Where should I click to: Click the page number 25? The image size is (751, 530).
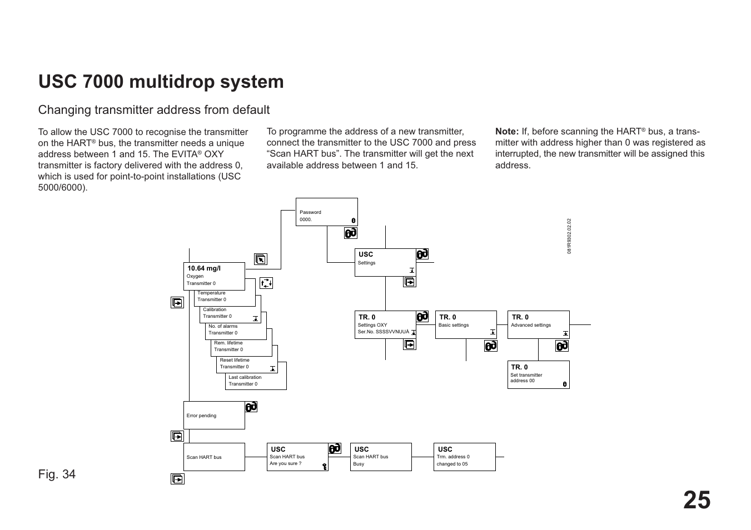point(697,501)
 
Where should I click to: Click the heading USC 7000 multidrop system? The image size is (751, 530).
point(161,82)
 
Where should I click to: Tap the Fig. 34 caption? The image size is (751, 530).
point(57,474)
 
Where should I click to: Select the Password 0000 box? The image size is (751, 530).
point(326,212)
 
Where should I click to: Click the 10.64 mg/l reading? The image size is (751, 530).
point(204,268)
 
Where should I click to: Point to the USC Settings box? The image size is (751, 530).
point(385,262)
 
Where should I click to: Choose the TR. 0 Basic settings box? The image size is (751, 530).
point(465,324)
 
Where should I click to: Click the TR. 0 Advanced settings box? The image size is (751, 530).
point(538,324)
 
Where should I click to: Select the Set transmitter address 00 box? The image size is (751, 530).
point(538,374)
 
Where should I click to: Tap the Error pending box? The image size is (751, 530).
point(214,415)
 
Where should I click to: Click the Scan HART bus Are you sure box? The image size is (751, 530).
point(297,457)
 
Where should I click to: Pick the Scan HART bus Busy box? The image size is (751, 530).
point(381,457)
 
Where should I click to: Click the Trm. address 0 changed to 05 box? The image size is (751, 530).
point(464,457)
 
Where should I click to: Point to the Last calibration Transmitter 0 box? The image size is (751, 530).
point(256,381)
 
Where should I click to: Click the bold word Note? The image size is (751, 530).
point(507,132)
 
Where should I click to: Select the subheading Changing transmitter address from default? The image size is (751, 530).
point(154,110)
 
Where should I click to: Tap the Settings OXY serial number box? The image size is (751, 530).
point(385,324)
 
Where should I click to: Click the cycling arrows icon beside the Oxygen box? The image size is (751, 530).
point(266,283)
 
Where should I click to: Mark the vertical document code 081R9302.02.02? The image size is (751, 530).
point(569,236)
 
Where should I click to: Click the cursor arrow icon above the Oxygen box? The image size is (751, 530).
point(261,259)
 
